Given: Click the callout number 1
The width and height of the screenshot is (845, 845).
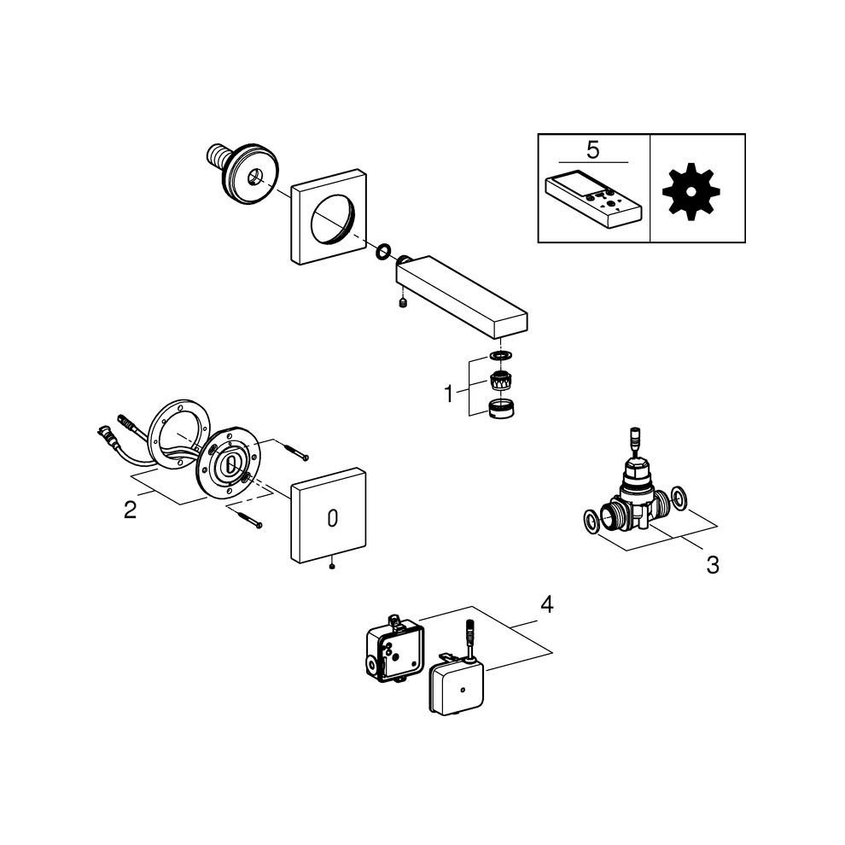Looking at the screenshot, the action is point(448,394).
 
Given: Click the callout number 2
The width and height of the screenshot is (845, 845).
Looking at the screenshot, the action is point(131,510).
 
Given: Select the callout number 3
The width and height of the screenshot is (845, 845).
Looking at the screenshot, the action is point(713,566).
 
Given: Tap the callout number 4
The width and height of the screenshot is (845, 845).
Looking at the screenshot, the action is point(547,604).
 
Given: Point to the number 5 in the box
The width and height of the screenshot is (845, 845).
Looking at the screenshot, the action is point(593,150).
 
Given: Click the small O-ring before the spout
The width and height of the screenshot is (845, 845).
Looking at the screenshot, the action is point(384,251).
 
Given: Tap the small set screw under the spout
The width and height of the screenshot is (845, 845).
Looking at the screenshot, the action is point(402,304).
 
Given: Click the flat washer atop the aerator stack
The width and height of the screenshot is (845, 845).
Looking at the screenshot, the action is point(501,356).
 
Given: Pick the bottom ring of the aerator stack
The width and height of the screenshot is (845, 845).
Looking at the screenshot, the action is point(500,409).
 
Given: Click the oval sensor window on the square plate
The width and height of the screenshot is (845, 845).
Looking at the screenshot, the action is point(333,518).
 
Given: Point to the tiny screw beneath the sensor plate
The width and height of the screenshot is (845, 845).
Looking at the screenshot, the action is point(332,566).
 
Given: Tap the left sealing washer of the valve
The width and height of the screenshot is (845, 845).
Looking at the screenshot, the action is point(591,522).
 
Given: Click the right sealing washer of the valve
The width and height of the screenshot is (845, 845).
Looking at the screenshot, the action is point(679,498).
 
